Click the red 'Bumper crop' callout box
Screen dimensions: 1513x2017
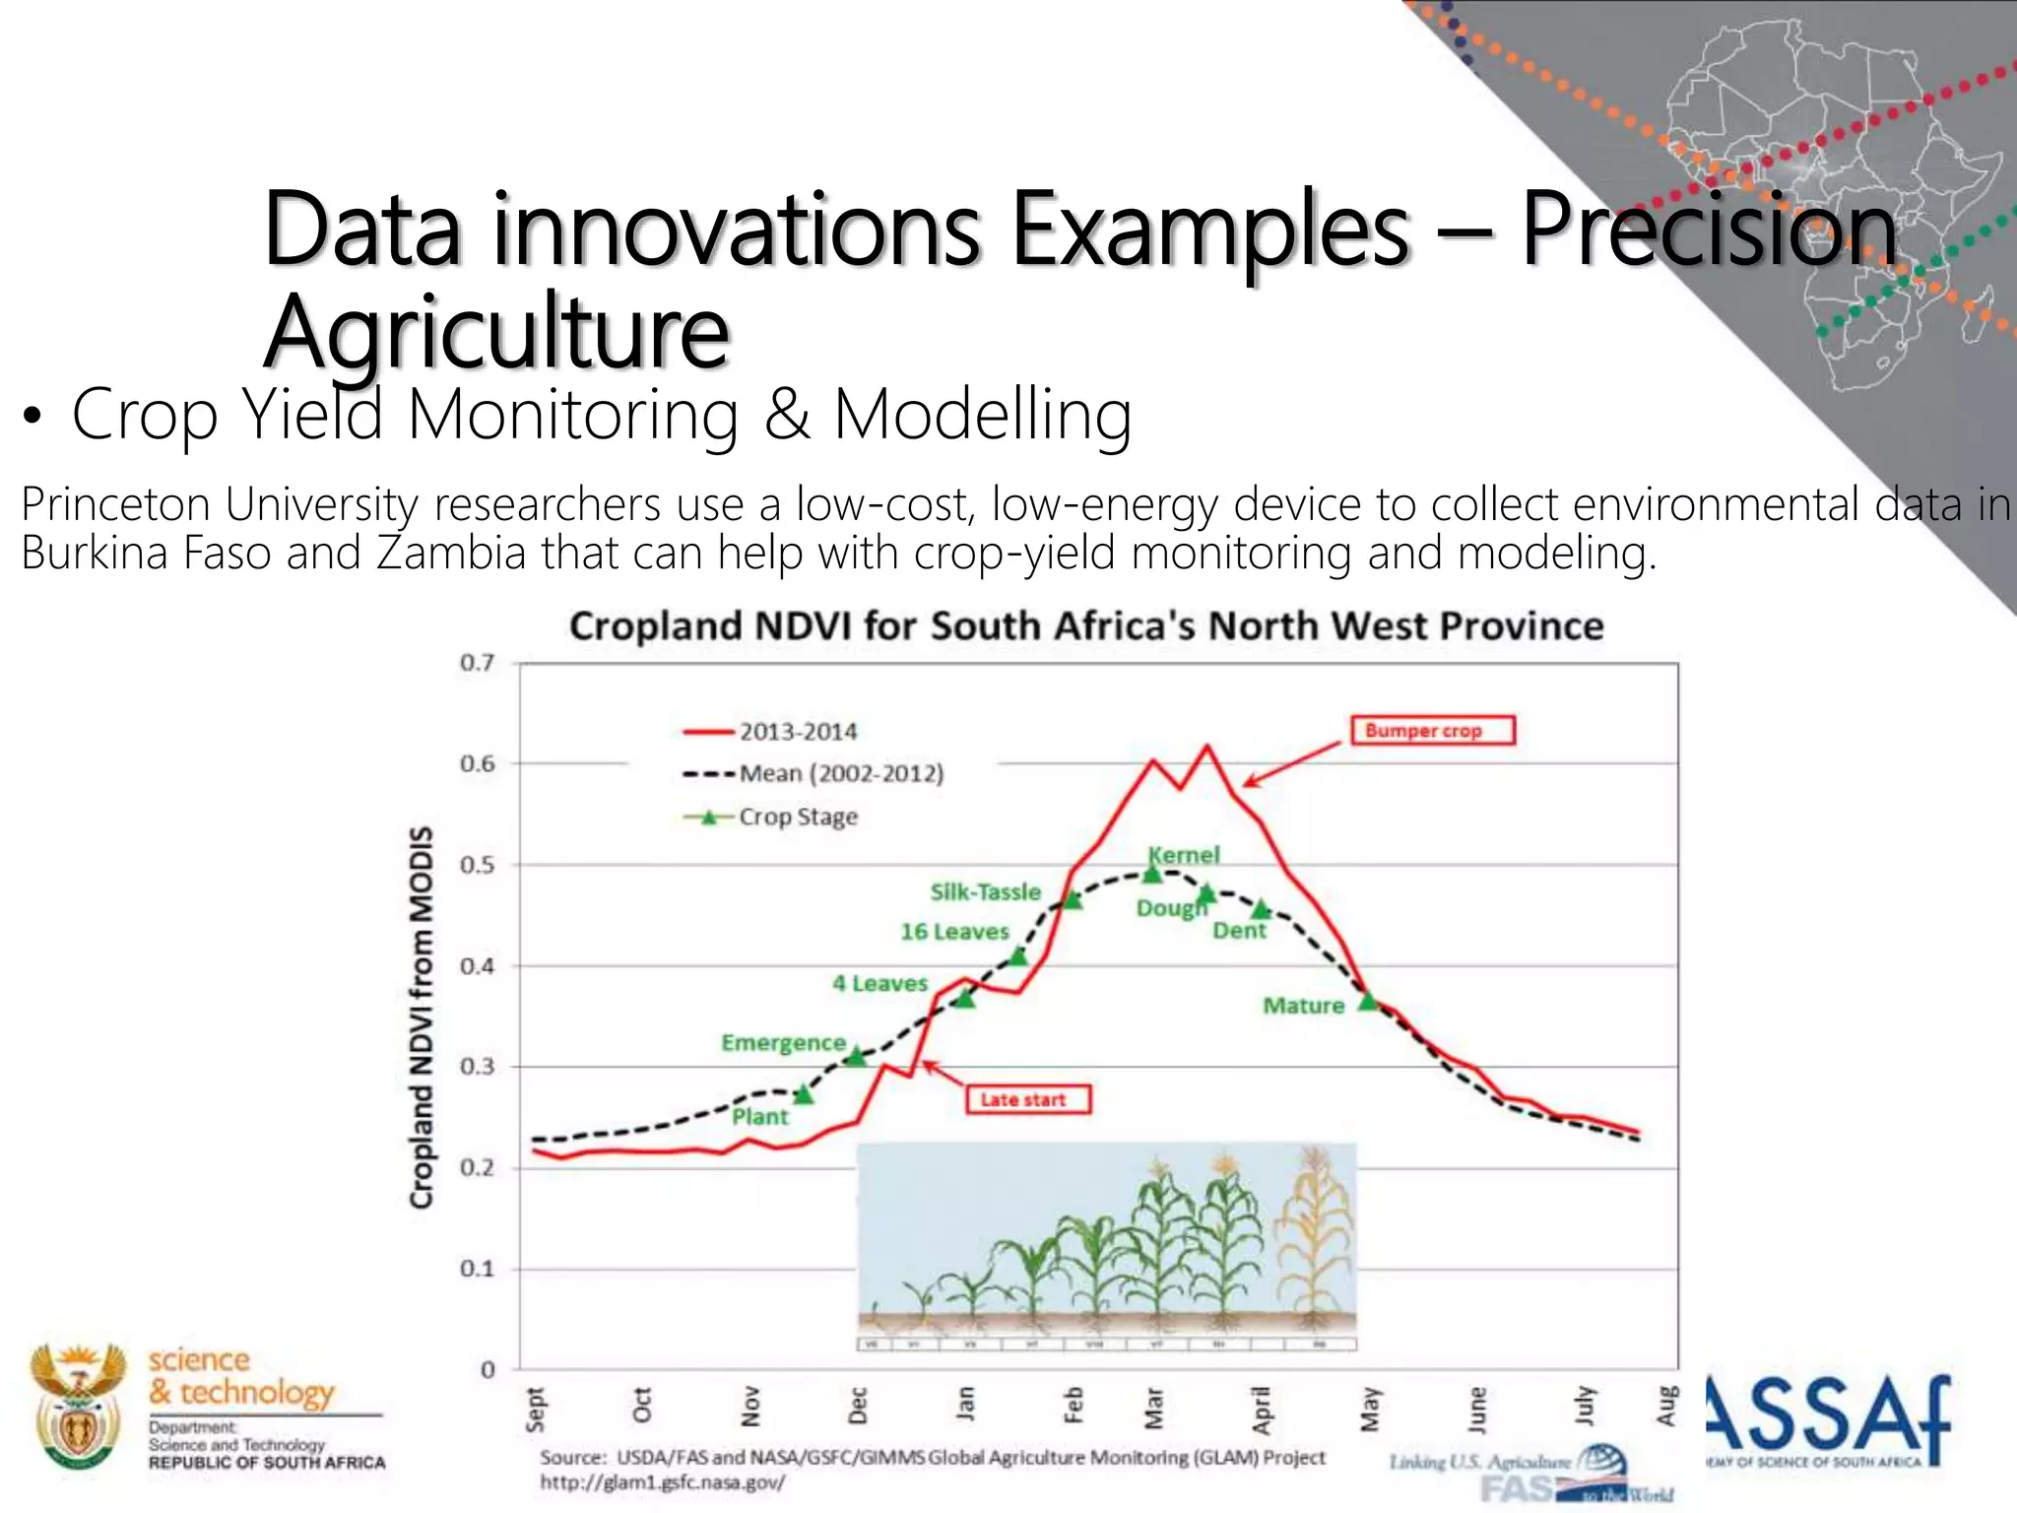point(1431,730)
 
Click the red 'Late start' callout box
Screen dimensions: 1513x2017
point(1028,1099)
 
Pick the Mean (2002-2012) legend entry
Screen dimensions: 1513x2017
point(813,773)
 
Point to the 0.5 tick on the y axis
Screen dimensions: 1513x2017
point(478,865)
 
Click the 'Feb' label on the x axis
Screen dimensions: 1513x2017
point(1074,1405)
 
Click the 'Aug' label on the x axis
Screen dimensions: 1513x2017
point(1665,1405)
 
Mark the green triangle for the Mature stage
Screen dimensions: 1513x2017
point(1368,1001)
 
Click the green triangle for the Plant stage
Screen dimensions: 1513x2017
point(805,1093)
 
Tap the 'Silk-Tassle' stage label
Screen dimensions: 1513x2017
point(985,891)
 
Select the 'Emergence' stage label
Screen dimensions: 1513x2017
point(783,1042)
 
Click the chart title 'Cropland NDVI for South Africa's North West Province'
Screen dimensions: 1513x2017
point(1085,626)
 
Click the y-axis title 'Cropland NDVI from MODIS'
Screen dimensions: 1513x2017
point(422,1017)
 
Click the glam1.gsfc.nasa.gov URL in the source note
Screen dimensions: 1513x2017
point(662,1481)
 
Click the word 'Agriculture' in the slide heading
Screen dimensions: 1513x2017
point(497,331)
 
